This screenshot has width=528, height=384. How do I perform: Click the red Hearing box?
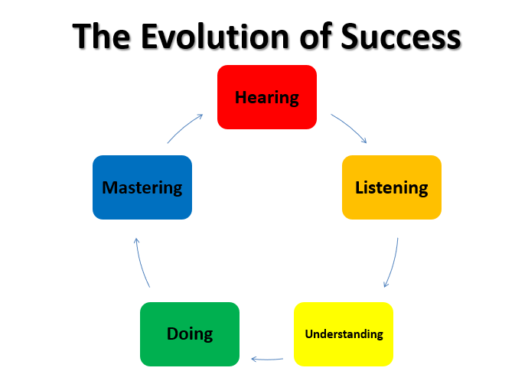[267, 97]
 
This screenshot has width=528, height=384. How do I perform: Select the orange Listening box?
[392, 187]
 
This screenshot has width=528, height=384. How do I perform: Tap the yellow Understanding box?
[344, 334]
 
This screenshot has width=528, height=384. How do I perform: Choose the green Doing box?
[190, 334]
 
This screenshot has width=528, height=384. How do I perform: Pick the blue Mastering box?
[142, 187]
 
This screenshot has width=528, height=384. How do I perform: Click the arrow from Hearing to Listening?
[350, 126]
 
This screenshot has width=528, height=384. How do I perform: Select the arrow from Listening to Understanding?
[393, 263]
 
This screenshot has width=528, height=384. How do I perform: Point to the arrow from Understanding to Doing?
[267, 360]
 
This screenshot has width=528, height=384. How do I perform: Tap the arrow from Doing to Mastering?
[141, 263]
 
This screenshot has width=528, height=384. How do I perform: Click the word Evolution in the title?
[215, 37]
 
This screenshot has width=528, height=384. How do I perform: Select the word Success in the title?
[401, 37]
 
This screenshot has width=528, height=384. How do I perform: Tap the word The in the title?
[101, 37]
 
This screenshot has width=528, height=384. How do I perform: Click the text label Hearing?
[267, 98]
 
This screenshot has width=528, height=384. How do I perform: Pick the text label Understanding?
[344, 334]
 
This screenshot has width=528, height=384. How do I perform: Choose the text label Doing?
[190, 334]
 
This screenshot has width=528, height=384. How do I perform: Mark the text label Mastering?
[142, 188]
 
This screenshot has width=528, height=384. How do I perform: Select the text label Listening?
[392, 188]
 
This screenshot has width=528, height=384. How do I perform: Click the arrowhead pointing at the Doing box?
[254, 359]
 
